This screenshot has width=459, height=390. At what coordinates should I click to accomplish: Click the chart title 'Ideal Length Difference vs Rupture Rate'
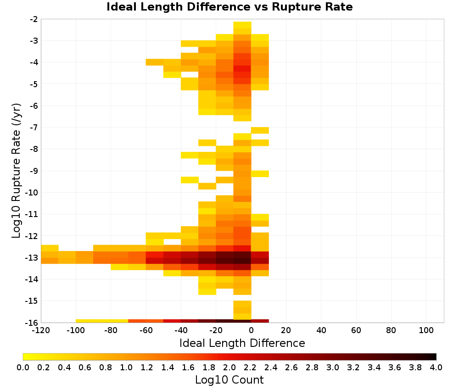click(229, 7)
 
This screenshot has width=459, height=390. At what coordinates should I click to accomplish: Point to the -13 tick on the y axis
click(34, 258)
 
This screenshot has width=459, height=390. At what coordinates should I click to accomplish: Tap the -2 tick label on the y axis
click(34, 19)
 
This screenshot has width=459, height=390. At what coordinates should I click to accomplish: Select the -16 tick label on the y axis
click(34, 323)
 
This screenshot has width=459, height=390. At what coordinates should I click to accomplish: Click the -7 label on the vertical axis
click(34, 128)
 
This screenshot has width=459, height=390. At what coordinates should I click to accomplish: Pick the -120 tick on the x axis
click(41, 331)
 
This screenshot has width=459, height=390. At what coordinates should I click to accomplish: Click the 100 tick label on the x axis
click(426, 331)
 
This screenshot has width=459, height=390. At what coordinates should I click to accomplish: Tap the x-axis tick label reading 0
click(251, 331)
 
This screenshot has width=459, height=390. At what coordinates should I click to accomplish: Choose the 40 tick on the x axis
click(321, 331)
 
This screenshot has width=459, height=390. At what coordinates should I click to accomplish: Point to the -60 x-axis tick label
click(146, 331)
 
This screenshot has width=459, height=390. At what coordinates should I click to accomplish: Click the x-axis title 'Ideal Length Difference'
click(242, 343)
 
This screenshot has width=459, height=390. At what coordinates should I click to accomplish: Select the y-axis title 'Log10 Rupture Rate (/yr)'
click(17, 171)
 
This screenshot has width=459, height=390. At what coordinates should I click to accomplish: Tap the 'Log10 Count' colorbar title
click(229, 380)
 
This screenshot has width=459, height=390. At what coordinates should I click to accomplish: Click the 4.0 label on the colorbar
click(436, 368)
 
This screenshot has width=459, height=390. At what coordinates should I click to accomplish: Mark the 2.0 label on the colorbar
click(229, 368)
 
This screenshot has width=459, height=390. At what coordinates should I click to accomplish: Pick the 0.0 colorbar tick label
click(23, 368)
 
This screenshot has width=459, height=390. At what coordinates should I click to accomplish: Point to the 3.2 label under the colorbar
click(353, 368)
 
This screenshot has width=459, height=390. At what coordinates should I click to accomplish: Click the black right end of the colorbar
click(435, 357)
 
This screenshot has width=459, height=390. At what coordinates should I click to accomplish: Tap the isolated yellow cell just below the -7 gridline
click(260, 130)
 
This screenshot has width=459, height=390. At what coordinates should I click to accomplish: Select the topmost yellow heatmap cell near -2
click(242, 25)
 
